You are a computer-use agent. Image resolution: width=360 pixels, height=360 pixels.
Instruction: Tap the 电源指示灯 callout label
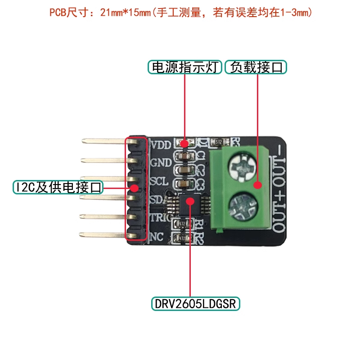[x=185, y=67]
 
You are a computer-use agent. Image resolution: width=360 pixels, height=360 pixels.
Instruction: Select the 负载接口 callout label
[x=255, y=67]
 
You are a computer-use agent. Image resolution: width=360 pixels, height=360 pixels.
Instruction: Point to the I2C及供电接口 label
[x=58, y=187]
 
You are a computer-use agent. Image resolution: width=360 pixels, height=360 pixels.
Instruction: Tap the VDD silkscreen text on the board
[x=160, y=145]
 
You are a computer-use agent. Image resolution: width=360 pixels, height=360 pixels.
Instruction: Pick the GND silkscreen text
[x=160, y=162]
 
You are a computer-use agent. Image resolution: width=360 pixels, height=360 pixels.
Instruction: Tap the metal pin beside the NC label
[x=103, y=234]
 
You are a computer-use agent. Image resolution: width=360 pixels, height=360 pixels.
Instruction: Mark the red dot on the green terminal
[x=257, y=185]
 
